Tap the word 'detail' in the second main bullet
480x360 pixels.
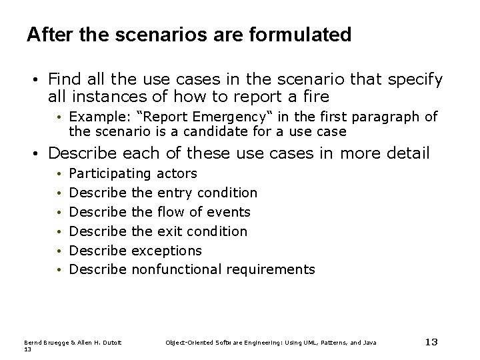click(405, 154)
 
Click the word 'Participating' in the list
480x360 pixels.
click(110, 173)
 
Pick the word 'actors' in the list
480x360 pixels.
click(177, 173)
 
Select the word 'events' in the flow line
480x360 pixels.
click(228, 212)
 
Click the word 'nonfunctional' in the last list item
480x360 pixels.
click(177, 269)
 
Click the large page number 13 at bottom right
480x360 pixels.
click(431, 342)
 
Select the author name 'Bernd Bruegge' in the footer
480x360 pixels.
click(45, 343)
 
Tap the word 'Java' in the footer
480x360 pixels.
click(369, 343)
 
